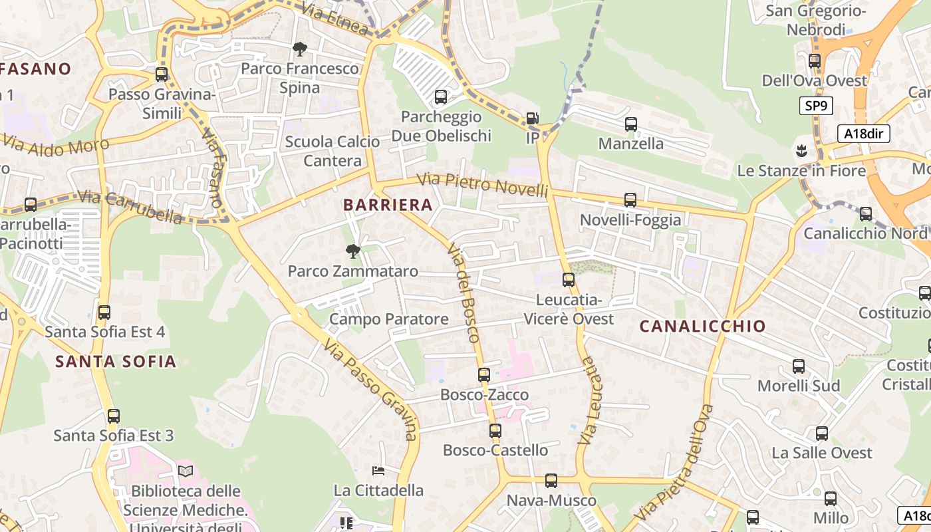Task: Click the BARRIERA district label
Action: [x=388, y=205]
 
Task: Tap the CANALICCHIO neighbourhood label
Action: [x=702, y=327]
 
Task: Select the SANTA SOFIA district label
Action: [x=116, y=362]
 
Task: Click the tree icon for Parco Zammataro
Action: [x=352, y=251]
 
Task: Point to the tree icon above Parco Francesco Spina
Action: [x=299, y=49]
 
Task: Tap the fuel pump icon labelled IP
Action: [x=532, y=118]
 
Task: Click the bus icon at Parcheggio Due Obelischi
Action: [x=440, y=97]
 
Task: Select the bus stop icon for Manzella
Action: [x=630, y=124]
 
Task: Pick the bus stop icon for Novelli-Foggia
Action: [x=630, y=199]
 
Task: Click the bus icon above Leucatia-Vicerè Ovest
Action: [x=568, y=280]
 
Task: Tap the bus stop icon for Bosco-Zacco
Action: [x=483, y=375]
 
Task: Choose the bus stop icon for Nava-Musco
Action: [x=551, y=481]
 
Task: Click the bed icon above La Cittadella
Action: [x=378, y=471]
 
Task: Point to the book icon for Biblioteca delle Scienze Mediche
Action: [x=185, y=471]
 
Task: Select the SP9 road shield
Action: [x=816, y=106]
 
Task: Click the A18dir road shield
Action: [x=863, y=134]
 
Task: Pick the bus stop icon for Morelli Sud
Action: [x=798, y=366]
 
